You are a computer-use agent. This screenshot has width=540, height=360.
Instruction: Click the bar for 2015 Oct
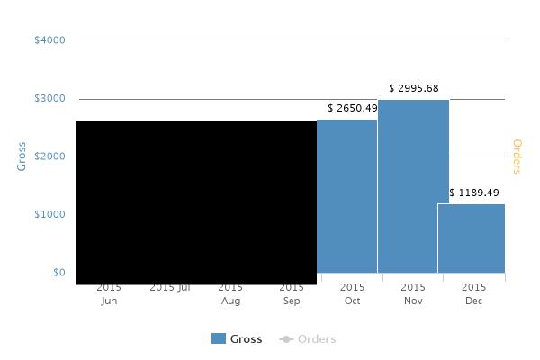[x=347, y=196]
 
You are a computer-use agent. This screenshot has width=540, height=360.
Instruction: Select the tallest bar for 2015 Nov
[x=413, y=186]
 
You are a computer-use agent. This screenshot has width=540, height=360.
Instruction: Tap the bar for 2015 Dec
[x=472, y=238]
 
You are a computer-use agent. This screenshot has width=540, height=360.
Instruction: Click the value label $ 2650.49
[x=353, y=109]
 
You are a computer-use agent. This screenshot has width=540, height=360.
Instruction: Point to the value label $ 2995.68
[x=414, y=88]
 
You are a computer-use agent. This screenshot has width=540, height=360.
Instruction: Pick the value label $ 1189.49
[x=473, y=193]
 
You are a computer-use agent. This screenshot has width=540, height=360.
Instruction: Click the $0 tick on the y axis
[x=58, y=272]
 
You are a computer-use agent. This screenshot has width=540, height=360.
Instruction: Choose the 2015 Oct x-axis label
[x=352, y=294]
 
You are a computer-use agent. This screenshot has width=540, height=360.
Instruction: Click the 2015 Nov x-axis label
[x=413, y=294]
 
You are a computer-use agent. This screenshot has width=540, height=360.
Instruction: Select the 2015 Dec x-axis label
[x=473, y=294]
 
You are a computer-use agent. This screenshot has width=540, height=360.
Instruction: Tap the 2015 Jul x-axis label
[x=170, y=288]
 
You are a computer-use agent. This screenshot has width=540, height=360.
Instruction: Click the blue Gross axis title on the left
[x=22, y=156]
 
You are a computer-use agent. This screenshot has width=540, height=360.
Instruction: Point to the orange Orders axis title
[x=517, y=156]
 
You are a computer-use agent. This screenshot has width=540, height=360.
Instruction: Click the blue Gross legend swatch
[x=219, y=339]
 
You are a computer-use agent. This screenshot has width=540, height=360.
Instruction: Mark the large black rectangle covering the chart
[x=196, y=202]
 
